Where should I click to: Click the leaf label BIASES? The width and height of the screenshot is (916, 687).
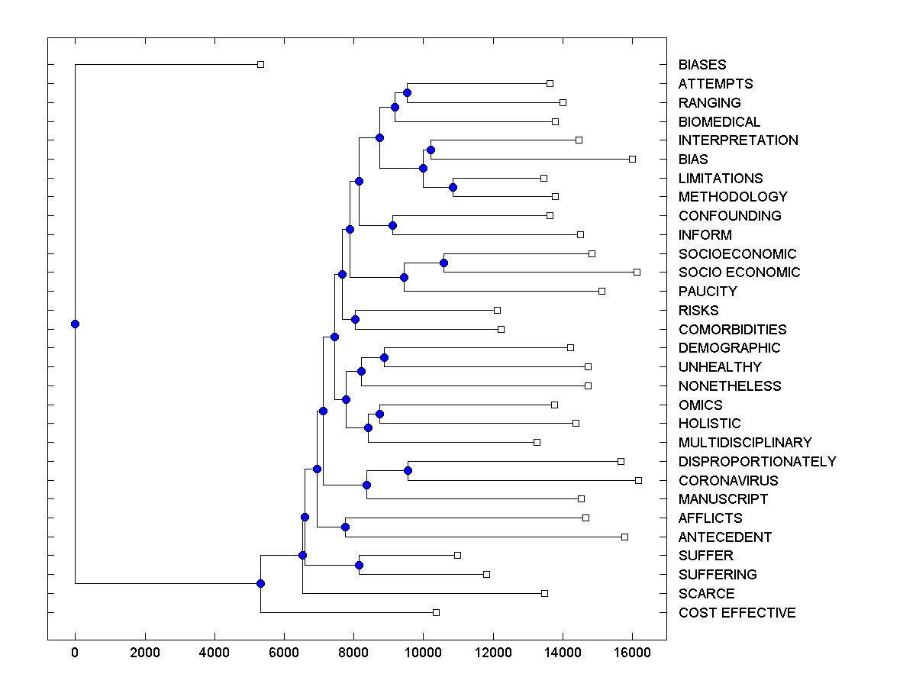(702, 65)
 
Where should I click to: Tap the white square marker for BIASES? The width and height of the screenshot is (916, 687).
(260, 65)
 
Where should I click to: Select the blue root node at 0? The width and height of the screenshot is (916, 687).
(75, 324)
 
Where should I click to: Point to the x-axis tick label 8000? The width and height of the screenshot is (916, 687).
(353, 652)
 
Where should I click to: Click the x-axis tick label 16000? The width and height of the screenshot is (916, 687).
(632, 652)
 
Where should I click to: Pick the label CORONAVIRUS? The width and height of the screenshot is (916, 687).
(728, 481)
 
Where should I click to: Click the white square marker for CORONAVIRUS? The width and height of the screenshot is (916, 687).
(638, 480)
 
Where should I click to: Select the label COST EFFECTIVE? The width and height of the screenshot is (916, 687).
(737, 613)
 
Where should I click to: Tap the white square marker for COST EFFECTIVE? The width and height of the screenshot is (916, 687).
(436, 612)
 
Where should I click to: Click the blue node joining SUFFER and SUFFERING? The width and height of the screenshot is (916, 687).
(359, 566)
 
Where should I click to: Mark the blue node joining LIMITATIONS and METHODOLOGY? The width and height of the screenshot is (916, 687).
(453, 187)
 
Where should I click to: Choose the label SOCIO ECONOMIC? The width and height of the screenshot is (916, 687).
(739, 273)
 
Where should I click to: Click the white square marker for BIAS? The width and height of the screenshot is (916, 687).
(632, 159)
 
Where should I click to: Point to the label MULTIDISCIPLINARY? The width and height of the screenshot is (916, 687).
(745, 443)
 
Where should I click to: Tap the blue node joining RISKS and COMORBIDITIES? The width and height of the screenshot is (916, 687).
(355, 320)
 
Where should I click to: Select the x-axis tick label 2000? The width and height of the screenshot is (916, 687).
(144, 652)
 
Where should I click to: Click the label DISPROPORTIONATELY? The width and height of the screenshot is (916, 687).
(757, 462)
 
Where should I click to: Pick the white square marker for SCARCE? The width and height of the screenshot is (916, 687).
(544, 593)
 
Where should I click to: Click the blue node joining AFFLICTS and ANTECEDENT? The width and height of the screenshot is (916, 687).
(345, 527)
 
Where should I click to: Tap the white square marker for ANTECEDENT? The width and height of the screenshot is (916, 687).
(624, 537)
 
